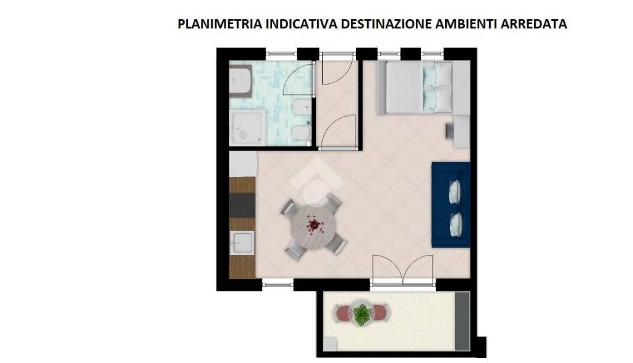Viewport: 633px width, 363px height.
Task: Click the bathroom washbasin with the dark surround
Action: point(240,82)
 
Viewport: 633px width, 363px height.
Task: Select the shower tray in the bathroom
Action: point(247,128)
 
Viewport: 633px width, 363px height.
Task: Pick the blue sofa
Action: point(450,204)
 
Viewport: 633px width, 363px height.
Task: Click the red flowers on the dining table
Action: point(315,225)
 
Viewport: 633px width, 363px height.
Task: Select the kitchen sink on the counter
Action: point(242,244)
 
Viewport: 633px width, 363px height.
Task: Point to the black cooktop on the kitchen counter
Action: point(242,205)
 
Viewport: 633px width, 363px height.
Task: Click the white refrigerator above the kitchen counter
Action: point(242,164)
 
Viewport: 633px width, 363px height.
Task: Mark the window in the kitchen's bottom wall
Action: point(278,284)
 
